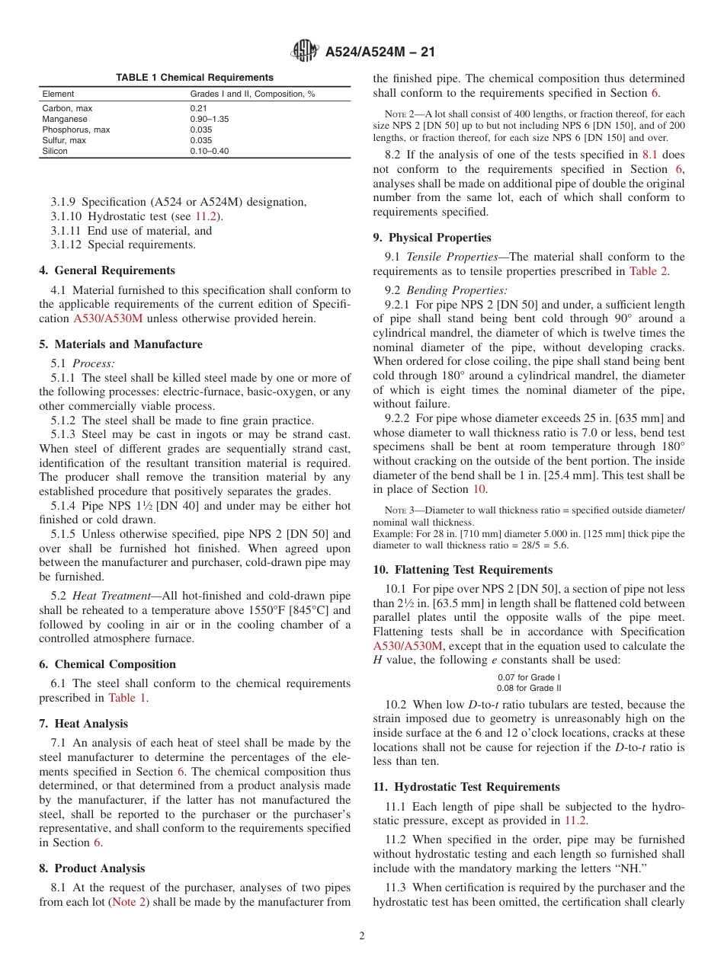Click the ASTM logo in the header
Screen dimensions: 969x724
coord(305,52)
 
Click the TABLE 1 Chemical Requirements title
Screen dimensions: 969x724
coord(194,78)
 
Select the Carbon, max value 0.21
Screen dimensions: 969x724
coord(198,108)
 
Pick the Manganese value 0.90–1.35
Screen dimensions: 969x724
coord(209,119)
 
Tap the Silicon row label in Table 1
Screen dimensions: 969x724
coord(55,151)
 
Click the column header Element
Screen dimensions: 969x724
coord(58,94)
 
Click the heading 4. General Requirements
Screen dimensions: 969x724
coord(107,270)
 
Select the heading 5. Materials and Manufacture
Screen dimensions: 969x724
coord(120,344)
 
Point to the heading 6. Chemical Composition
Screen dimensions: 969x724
coord(107,664)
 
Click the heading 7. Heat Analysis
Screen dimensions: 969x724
coord(84,724)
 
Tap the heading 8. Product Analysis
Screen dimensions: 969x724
coord(91,868)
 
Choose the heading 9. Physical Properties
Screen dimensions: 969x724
coord(432,238)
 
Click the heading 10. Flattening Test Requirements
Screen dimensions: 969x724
coord(463,570)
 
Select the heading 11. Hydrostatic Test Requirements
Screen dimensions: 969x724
coord(466,787)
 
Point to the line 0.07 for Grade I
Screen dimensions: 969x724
coord(528,677)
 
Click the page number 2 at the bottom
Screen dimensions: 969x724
coord(362,936)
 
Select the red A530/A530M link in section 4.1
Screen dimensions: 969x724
coord(107,318)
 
